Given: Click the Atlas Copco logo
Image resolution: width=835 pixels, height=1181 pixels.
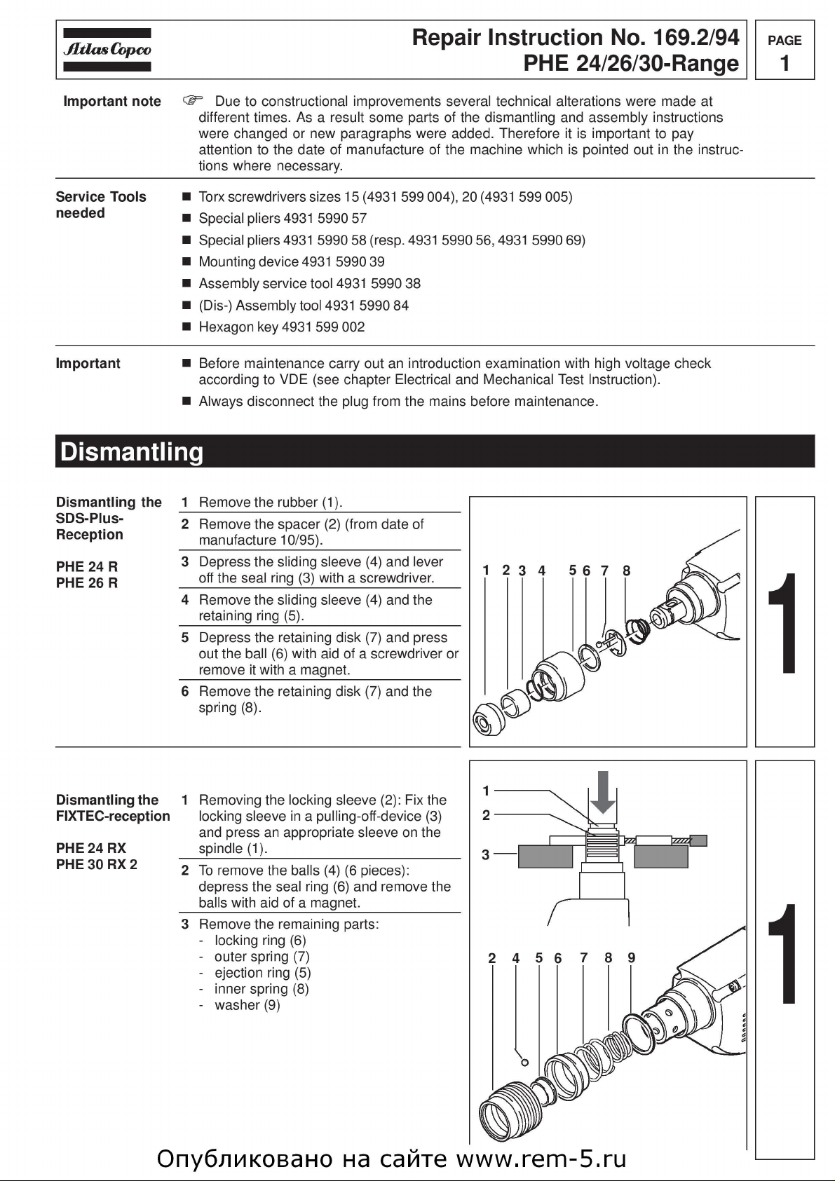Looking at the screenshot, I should pos(107,50).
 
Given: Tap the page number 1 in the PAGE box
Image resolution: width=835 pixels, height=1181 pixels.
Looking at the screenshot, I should pos(785,63).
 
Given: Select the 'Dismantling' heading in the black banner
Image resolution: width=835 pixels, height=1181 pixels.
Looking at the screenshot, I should pos(132,452).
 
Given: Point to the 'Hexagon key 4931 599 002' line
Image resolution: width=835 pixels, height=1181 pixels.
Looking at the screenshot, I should pos(281,327).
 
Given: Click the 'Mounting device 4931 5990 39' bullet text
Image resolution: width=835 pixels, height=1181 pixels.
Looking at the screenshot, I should pos(291,262).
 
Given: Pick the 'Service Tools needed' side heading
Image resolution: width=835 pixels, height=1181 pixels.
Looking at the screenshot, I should pos(100,205).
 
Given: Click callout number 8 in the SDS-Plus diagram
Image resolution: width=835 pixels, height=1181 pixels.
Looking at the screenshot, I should pos(626,571).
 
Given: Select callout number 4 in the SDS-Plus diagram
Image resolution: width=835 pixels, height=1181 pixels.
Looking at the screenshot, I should pos(541,571).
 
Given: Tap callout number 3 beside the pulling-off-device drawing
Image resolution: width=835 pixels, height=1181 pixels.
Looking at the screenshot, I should pos(485,855).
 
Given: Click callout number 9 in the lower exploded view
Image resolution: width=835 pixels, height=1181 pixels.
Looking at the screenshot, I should pos(631,957).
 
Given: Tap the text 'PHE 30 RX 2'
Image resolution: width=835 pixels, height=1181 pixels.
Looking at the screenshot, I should pos(97,864).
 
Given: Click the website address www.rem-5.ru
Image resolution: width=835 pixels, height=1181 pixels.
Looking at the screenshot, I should pos(541,1159).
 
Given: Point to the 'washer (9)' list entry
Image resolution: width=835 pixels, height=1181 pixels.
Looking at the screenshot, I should pos(247,1005).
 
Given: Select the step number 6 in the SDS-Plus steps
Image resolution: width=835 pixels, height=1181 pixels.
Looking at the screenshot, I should pos(185,692).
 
